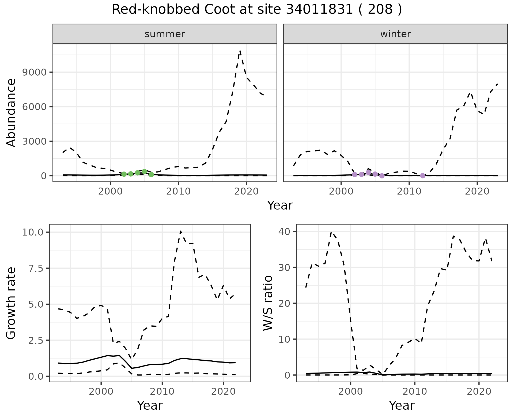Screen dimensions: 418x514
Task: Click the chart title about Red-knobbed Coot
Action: pyautogui.click(x=257, y=10)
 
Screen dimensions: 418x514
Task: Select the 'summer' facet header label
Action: pyautogui.click(x=165, y=34)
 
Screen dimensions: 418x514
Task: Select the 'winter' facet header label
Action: pyautogui.click(x=395, y=34)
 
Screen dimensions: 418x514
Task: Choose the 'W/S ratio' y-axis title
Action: pyautogui.click(x=268, y=303)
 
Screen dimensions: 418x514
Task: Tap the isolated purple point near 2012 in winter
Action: pyautogui.click(x=423, y=176)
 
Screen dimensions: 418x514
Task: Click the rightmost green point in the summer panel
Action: pyautogui.click(x=151, y=175)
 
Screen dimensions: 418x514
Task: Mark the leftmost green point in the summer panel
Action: pyautogui.click(x=124, y=174)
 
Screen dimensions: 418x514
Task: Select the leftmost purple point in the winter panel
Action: pyautogui.click(x=355, y=174)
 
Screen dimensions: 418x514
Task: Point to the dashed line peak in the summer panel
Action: pyautogui.click(x=240, y=51)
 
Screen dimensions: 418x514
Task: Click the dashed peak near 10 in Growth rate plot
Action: pyautogui.click(x=181, y=231)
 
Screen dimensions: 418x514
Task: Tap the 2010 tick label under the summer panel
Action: pyautogui.click(x=178, y=191)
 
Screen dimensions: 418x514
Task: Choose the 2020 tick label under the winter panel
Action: pyautogui.click(x=477, y=191)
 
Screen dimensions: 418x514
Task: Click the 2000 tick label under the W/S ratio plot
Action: pyautogui.click(x=350, y=391)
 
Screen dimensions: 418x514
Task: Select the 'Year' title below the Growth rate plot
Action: pyautogui.click(x=150, y=406)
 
